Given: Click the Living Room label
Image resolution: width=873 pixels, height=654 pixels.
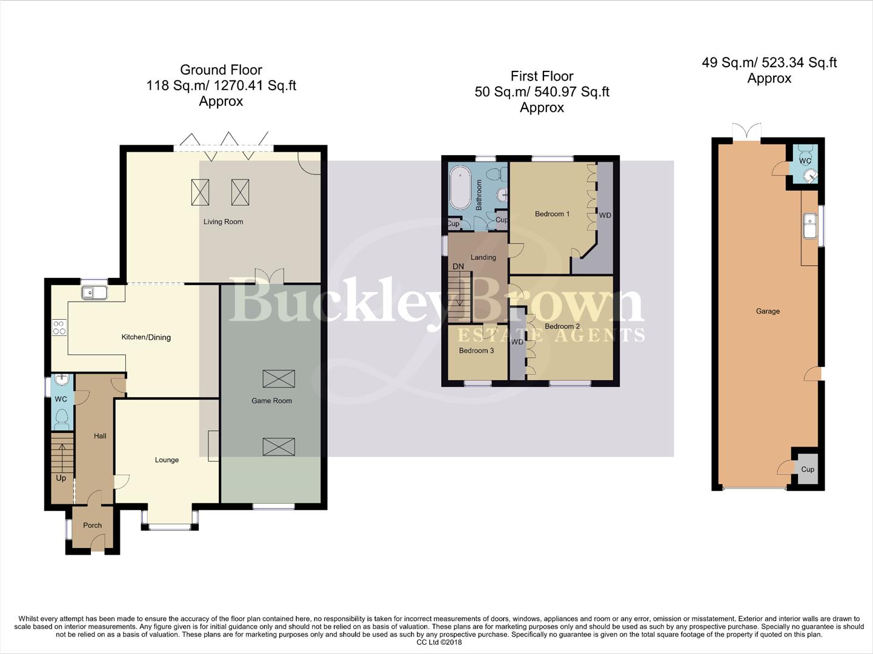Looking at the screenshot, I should [x=223, y=222].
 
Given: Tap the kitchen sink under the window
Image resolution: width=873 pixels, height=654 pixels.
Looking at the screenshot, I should [x=95, y=293].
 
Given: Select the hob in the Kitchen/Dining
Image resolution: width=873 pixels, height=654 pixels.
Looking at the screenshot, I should [x=59, y=328].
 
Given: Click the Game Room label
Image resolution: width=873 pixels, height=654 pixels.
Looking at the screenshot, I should [x=271, y=400].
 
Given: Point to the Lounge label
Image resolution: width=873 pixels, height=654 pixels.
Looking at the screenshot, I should [x=167, y=460].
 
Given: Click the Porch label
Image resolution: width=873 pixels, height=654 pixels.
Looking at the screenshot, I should [x=92, y=525].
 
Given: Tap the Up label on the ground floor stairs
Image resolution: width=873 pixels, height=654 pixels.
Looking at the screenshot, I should [x=61, y=478].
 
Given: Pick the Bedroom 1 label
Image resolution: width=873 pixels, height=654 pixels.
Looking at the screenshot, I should [x=552, y=214].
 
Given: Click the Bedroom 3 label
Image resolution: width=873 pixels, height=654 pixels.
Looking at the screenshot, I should [x=476, y=351].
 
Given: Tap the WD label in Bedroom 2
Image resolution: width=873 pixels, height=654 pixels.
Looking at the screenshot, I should [x=517, y=342].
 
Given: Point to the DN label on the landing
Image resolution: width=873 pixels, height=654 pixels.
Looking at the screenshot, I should [x=458, y=266].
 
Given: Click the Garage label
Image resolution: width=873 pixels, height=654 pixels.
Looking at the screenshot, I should [x=768, y=311].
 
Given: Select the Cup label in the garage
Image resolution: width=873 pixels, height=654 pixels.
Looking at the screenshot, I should [x=808, y=469].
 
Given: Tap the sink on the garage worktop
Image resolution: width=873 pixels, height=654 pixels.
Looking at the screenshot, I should [x=810, y=226].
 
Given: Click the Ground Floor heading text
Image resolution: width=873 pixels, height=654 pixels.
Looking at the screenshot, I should [x=221, y=70].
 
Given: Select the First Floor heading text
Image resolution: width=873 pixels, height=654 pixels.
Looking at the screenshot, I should [x=542, y=76].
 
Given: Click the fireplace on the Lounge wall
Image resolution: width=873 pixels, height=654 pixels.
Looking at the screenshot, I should [x=213, y=446].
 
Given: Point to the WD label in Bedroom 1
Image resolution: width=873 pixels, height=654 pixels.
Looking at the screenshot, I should [x=605, y=215].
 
